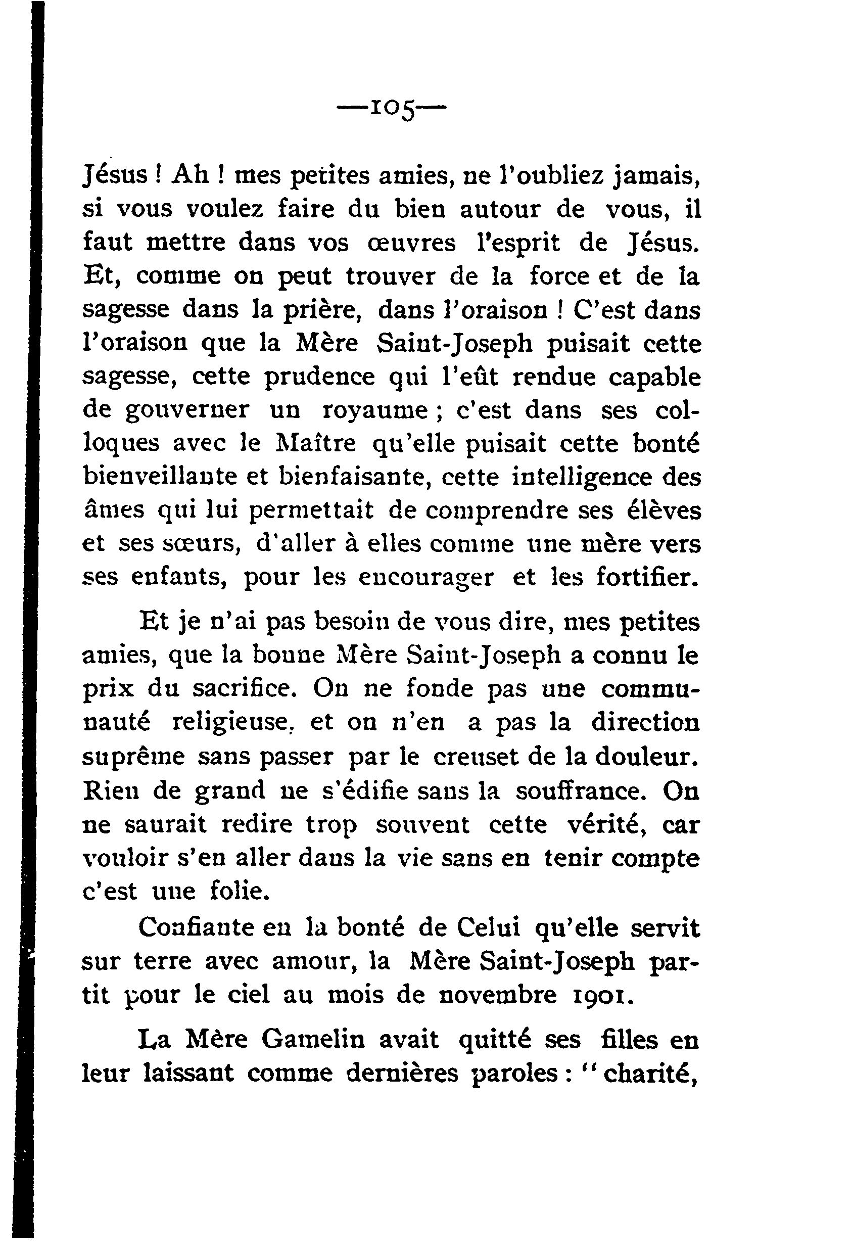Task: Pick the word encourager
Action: click(x=426, y=578)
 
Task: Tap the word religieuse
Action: click(x=232, y=723)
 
